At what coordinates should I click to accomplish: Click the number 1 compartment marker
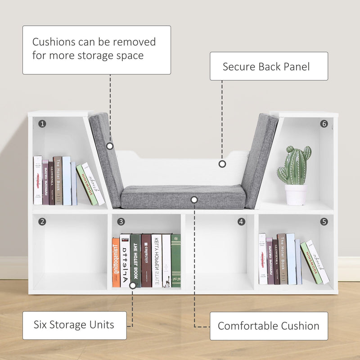(x=42, y=123)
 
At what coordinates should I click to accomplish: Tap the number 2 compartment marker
(x=42, y=221)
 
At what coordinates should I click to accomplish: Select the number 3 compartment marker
(x=121, y=221)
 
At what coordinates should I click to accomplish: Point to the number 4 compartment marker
(x=242, y=221)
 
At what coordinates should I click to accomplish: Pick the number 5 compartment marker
(x=324, y=221)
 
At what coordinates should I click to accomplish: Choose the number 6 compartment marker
(x=324, y=123)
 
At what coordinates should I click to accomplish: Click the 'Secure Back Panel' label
(x=269, y=67)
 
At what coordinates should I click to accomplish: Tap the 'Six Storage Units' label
(x=74, y=325)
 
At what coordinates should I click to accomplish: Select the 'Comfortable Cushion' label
(x=269, y=326)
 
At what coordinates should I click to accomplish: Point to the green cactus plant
(x=295, y=165)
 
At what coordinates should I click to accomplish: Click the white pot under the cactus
(x=296, y=194)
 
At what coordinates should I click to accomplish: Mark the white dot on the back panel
(x=222, y=164)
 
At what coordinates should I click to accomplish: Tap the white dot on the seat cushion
(x=194, y=199)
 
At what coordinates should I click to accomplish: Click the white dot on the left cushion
(x=110, y=146)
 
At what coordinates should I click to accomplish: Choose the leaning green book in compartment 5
(x=311, y=263)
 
